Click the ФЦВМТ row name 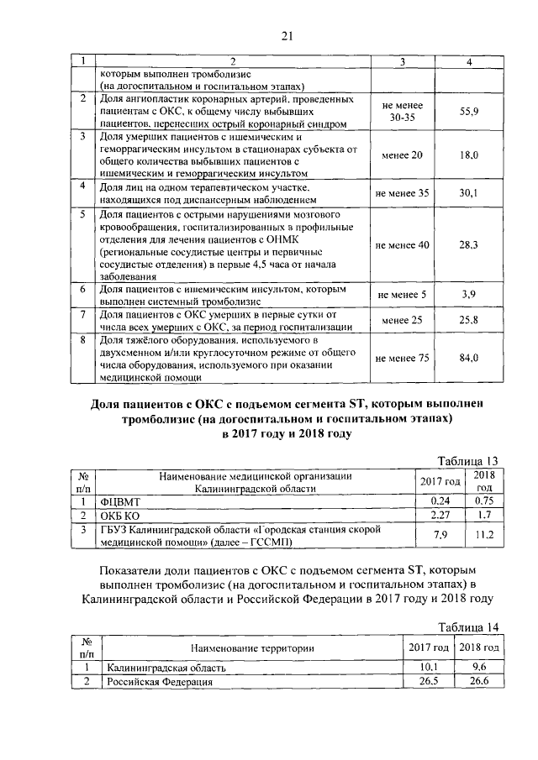tap(122, 501)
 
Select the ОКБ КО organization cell tap(120, 514)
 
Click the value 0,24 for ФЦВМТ tap(441, 501)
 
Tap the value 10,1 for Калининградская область tap(430, 668)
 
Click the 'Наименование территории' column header tap(252, 647)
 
